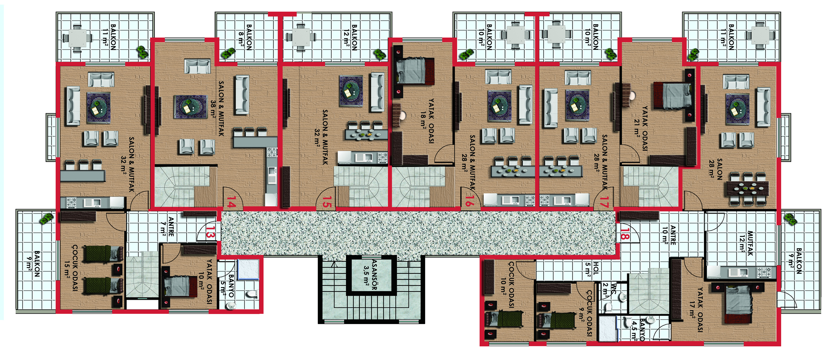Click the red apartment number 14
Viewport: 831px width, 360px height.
[x=231, y=202]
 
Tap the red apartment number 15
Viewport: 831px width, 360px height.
[x=327, y=202]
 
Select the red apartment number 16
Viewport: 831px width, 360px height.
[x=469, y=201]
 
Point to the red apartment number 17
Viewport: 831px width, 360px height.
[x=604, y=202]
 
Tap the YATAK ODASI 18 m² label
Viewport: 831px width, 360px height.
[x=427, y=121]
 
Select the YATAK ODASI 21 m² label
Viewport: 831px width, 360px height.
[x=641, y=128]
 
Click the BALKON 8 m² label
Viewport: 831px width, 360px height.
[x=245, y=37]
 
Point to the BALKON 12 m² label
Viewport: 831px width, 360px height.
[x=350, y=37]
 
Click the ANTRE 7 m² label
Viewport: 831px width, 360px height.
[x=167, y=227]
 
